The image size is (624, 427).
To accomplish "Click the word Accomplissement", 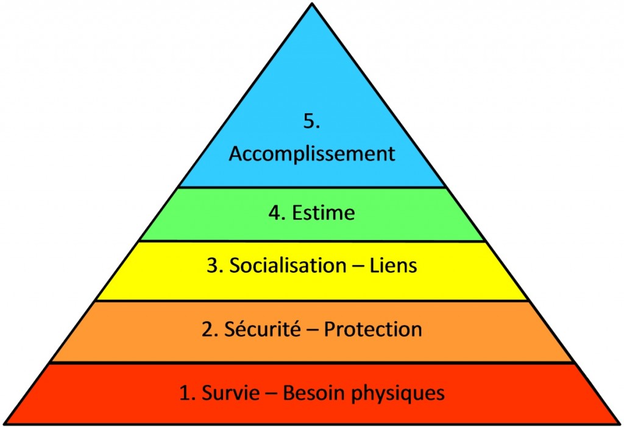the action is click(312, 154).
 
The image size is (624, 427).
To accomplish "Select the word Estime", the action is click(324, 213).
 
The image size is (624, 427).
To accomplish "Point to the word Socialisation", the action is click(288, 266).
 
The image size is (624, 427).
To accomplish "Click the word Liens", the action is click(394, 266).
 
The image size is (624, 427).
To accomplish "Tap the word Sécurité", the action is click(263, 329).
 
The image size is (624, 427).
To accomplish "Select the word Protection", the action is click(373, 330).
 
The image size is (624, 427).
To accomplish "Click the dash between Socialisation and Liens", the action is click(358, 267).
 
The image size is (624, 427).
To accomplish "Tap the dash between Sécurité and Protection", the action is click(313, 331).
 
